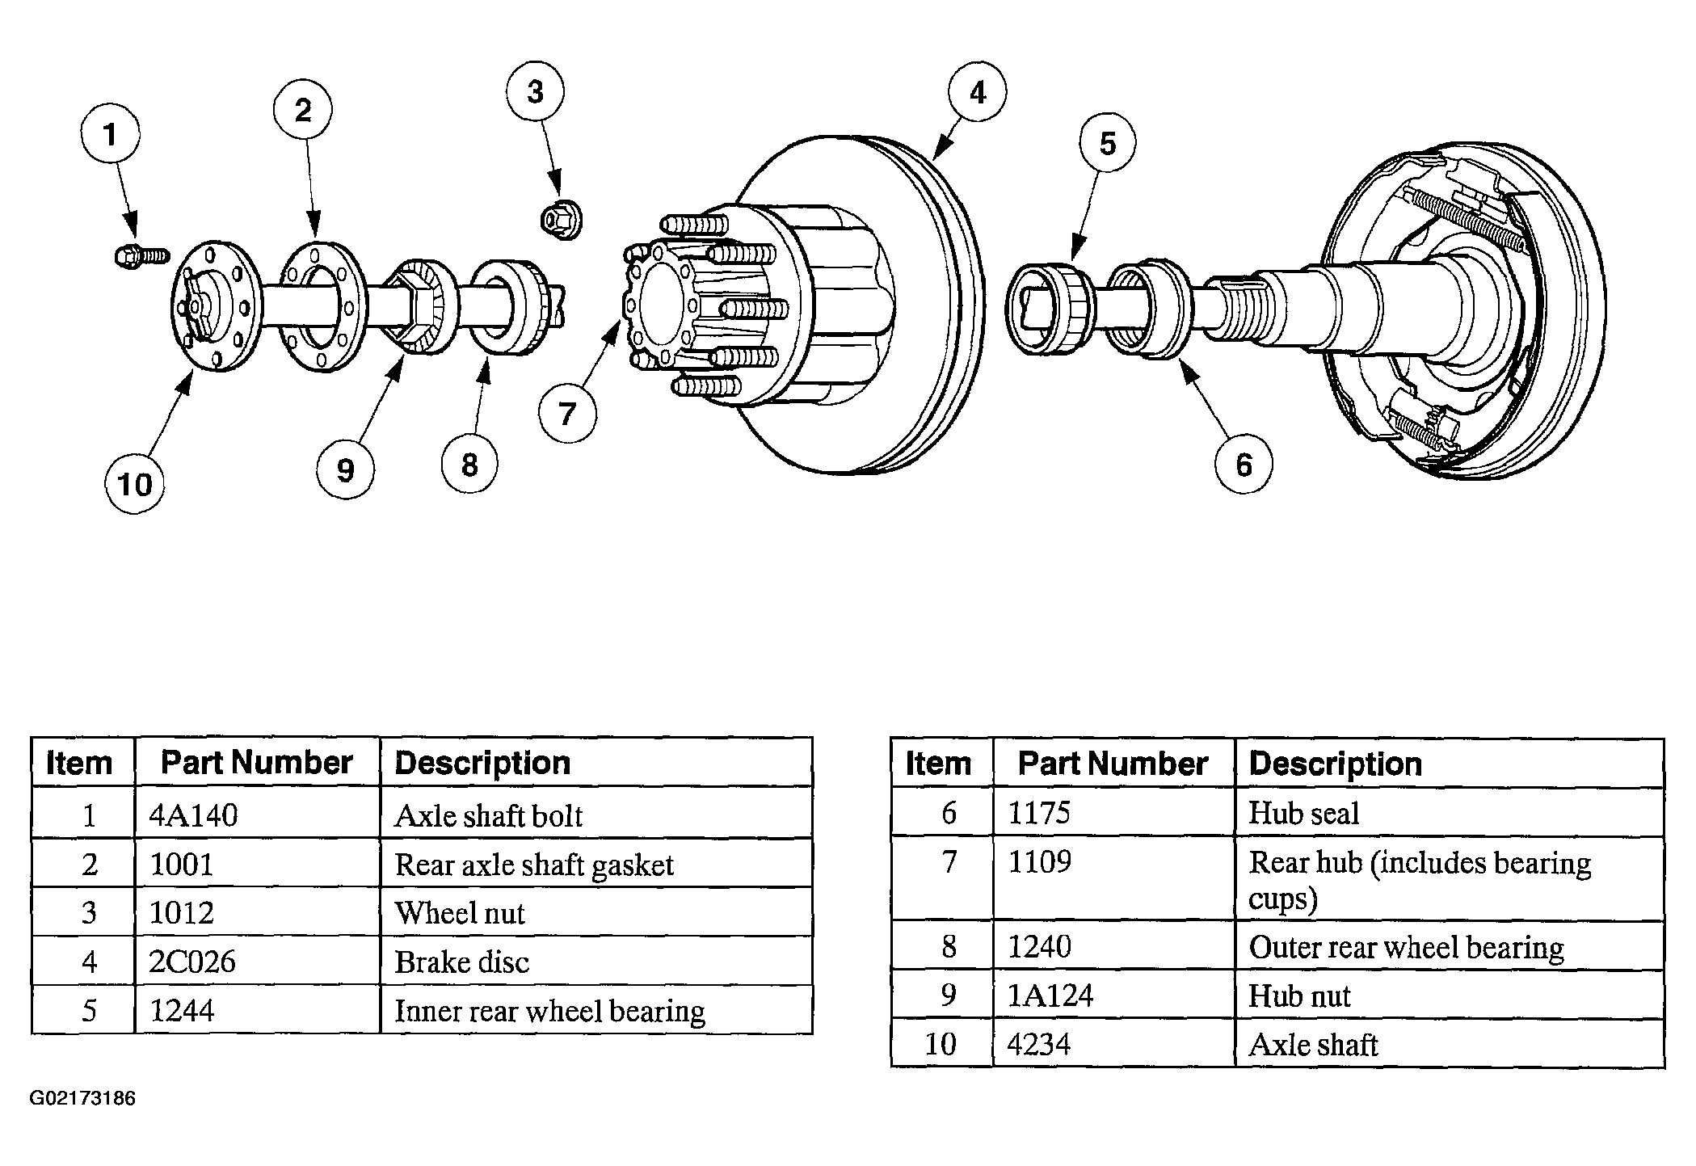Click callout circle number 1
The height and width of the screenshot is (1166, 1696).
[x=110, y=134]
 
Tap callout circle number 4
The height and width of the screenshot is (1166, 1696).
[x=977, y=92]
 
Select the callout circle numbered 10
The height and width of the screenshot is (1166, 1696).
[x=134, y=485]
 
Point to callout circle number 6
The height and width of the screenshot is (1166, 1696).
[x=1244, y=464]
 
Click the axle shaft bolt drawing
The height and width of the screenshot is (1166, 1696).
[x=142, y=256]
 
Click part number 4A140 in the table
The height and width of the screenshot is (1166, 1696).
[x=194, y=815]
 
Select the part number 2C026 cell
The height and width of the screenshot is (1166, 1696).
[x=193, y=962]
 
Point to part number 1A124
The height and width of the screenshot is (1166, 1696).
[x=1050, y=996]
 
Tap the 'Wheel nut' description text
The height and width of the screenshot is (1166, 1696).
[x=459, y=913]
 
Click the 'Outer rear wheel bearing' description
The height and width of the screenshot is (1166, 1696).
[x=1406, y=947]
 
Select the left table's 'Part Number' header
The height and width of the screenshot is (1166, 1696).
[x=257, y=762]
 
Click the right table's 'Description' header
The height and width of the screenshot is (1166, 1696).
[x=1335, y=764]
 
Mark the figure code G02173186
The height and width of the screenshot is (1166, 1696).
[x=82, y=1099]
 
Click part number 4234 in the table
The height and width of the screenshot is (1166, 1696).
[x=1039, y=1044]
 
